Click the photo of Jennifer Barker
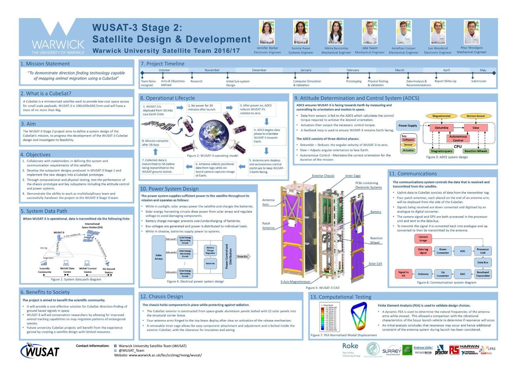click(x=267, y=33)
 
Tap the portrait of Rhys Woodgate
click(x=472, y=32)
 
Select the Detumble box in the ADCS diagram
click(x=441, y=128)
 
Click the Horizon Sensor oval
click(x=476, y=116)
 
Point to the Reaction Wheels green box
click(x=476, y=151)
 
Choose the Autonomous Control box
click(x=458, y=138)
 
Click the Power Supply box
click(x=408, y=125)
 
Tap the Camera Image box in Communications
click(x=423, y=239)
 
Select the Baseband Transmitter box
click(x=482, y=274)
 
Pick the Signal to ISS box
click(x=403, y=274)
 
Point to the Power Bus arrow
click(x=243, y=257)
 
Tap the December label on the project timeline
click(x=259, y=70)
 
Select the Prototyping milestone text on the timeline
click(x=354, y=81)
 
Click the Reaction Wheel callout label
click(x=376, y=240)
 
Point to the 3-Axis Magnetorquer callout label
click(x=295, y=282)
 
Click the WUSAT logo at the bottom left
click(x=40, y=350)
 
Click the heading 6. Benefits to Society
click(x=45, y=292)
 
